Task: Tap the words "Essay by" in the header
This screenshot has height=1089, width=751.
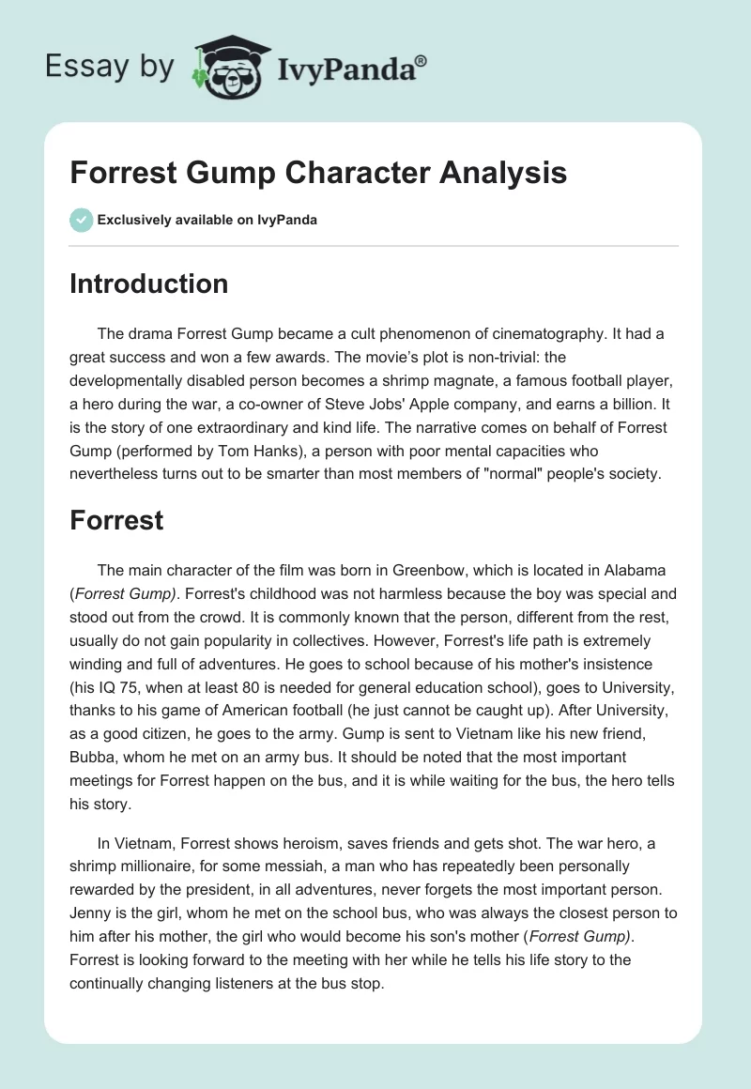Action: [x=110, y=67]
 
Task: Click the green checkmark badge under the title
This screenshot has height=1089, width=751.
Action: [x=81, y=220]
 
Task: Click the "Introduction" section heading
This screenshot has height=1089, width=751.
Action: [x=148, y=284]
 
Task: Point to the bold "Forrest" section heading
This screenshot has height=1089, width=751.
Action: [x=116, y=521]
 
